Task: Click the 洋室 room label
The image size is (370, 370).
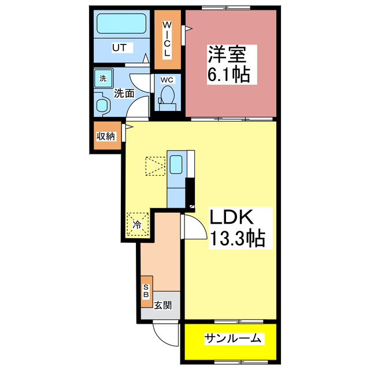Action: click(227, 57)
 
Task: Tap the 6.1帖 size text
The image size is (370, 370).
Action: click(229, 75)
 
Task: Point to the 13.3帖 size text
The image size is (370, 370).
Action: click(237, 238)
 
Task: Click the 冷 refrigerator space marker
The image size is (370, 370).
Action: click(138, 224)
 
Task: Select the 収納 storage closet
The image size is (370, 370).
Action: click(105, 136)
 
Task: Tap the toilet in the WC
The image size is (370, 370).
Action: click(168, 97)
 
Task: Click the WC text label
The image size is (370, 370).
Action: click(166, 80)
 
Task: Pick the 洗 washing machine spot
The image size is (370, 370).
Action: click(102, 79)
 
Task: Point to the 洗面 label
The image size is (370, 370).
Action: click(124, 92)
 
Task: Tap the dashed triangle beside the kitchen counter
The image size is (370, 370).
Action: click(156, 166)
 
